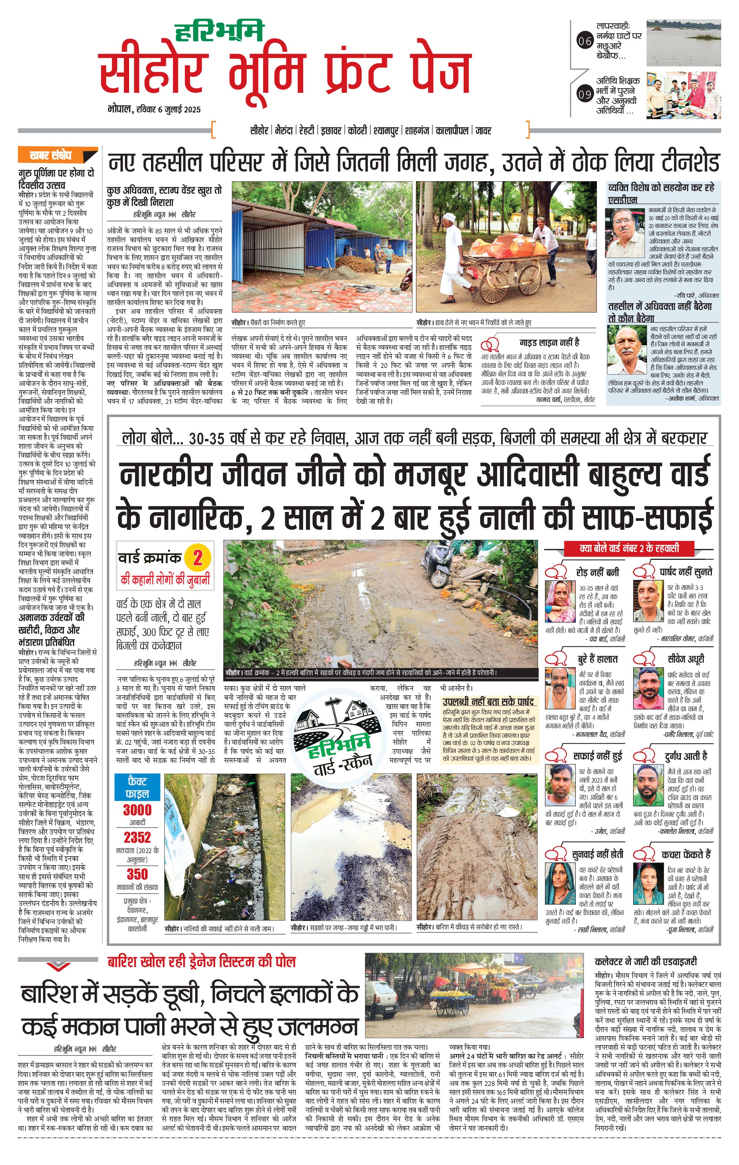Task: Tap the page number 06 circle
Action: pyautogui.click(x=585, y=41)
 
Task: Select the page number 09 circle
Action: pyautogui.click(x=585, y=94)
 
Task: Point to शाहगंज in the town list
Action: pyautogui.click(x=417, y=131)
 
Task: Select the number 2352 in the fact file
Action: pyautogui.click(x=137, y=838)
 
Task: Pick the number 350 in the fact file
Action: pyautogui.click(x=137, y=874)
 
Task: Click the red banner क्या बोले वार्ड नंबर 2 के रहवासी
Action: pyautogui.click(x=629, y=548)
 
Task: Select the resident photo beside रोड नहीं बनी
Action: pyautogui.click(x=560, y=601)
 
